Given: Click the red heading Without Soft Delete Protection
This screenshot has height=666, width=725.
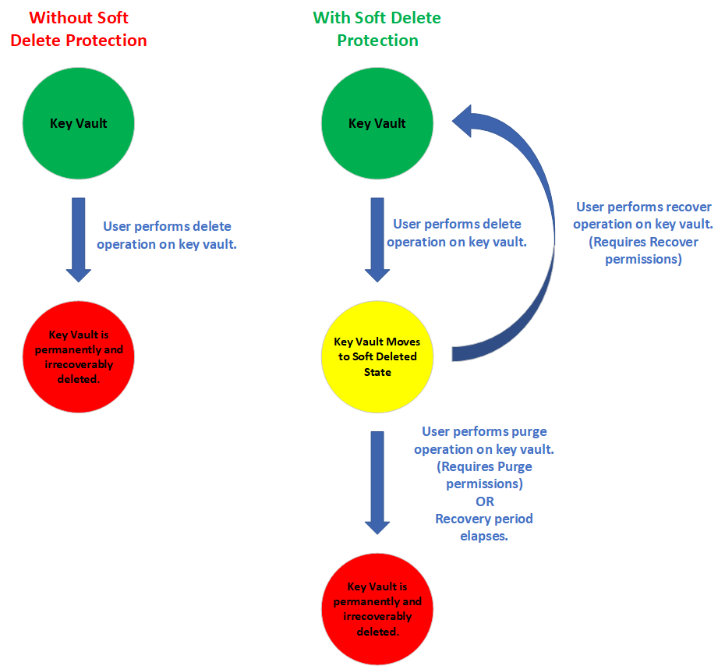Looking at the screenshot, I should pyautogui.click(x=79, y=29).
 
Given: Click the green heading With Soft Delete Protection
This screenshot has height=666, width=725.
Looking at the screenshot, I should pyautogui.click(x=377, y=29).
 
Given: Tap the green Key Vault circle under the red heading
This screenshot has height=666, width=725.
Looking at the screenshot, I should pyautogui.click(x=79, y=123).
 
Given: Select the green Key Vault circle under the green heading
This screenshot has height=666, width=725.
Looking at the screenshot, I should pyautogui.click(x=377, y=123).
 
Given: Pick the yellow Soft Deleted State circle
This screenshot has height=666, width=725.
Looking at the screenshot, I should pyautogui.click(x=377, y=357).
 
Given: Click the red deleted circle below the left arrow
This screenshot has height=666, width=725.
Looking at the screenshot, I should pyautogui.click(x=79, y=357).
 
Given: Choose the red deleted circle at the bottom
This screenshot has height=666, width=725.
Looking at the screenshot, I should pyautogui.click(x=377, y=609).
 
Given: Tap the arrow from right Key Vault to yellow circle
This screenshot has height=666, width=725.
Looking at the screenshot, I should pyautogui.click(x=377, y=239).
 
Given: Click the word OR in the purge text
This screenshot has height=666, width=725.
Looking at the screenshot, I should pyautogui.click(x=484, y=501).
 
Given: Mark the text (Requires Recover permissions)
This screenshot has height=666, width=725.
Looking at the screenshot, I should pyautogui.click(x=643, y=250).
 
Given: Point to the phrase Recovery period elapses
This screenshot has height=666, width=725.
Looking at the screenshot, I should pyautogui.click(x=484, y=527).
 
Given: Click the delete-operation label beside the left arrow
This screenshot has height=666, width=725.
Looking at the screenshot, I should pyautogui.click(x=167, y=235).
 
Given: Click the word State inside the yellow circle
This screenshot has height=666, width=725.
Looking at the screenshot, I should pyautogui.click(x=377, y=372).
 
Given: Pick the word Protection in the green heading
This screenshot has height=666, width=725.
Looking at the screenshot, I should pyautogui.click(x=377, y=41).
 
